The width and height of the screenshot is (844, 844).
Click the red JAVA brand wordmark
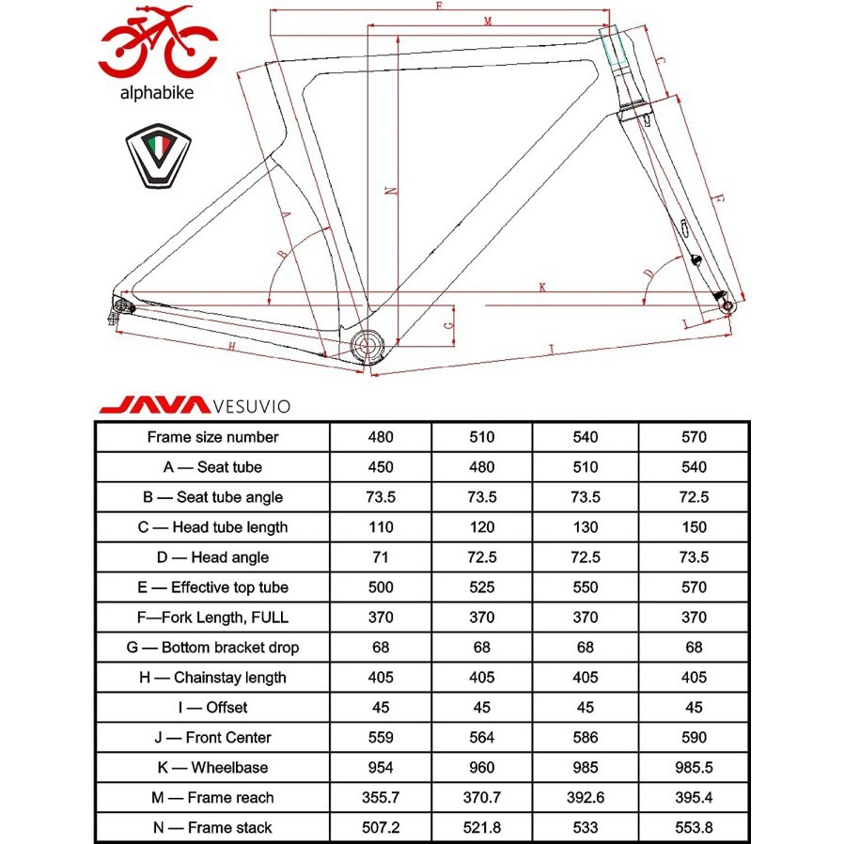point(153,406)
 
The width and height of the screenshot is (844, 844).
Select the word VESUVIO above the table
point(251,407)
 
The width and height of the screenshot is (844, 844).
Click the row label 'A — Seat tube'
point(212,467)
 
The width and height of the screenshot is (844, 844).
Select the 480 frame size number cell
point(381,437)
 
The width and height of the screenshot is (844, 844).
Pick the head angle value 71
point(381,557)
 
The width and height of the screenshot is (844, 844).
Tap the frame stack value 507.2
point(381,828)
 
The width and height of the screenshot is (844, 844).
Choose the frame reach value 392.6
point(585,798)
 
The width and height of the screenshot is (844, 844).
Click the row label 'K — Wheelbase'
point(212,768)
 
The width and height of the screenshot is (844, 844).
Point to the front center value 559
point(381,738)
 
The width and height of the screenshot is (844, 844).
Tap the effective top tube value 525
point(482,587)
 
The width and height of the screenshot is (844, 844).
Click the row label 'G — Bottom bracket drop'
point(212,648)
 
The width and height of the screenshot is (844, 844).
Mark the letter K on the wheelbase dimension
point(542,288)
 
